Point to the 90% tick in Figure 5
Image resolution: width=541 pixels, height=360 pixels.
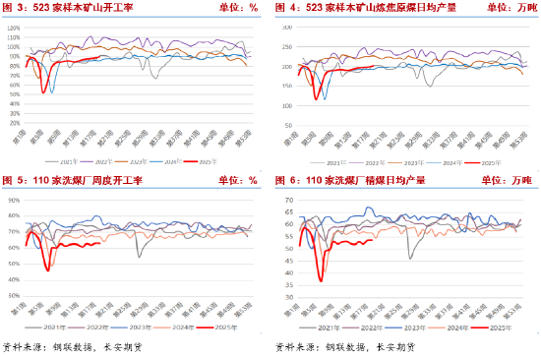[14, 199]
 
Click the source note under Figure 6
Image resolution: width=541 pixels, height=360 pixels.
[343, 347]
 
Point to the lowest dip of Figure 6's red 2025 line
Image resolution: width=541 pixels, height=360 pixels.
[321, 282]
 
